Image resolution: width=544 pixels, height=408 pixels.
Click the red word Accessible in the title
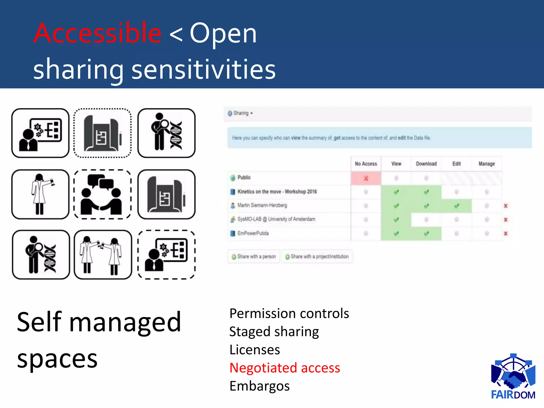point(97,33)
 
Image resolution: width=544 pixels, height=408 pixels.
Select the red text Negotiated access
point(284,368)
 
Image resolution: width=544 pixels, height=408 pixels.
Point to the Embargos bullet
point(259,386)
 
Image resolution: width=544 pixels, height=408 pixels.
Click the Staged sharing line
point(274,331)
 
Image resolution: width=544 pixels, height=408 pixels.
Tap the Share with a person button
point(254,256)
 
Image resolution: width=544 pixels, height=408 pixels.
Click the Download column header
point(426,164)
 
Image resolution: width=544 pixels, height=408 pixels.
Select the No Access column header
point(366,164)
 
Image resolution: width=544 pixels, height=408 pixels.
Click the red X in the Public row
point(366,178)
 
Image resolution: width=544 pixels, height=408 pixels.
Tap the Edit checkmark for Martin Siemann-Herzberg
point(456,206)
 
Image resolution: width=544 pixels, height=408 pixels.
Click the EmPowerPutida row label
point(253,233)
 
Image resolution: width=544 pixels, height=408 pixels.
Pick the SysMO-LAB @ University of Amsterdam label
point(276,219)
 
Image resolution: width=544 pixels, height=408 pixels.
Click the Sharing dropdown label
point(241,113)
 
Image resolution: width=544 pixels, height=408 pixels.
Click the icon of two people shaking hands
point(102,194)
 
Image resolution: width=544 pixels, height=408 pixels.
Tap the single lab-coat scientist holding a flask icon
point(40,194)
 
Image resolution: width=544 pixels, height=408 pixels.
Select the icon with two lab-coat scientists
point(103,255)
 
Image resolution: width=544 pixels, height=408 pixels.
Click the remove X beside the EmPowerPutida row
point(505,233)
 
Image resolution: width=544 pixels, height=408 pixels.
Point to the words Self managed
point(99,322)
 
